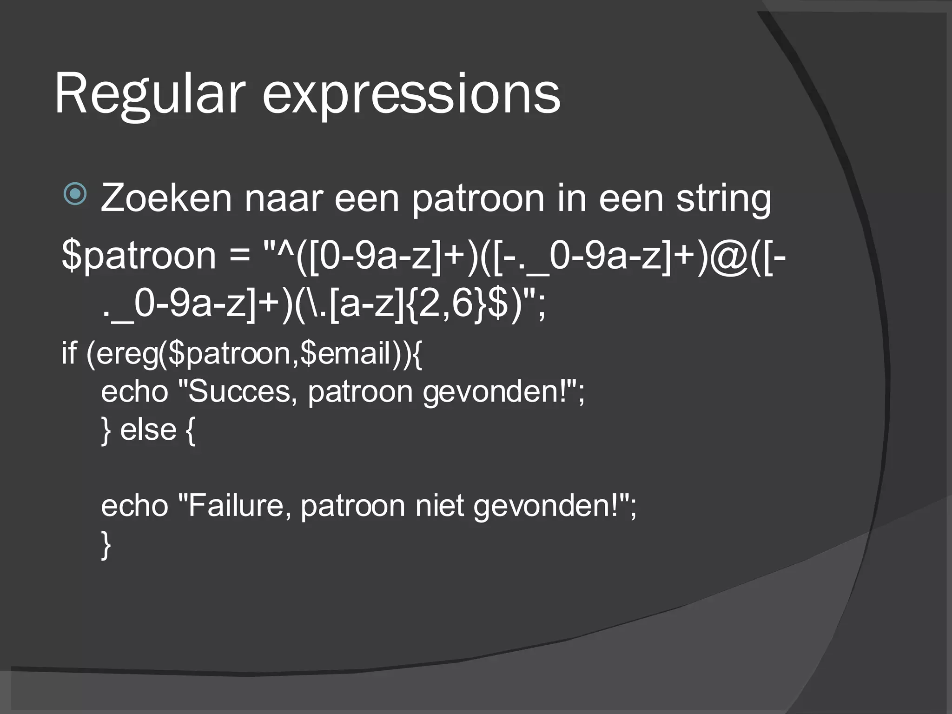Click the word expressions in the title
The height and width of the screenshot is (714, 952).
point(411,95)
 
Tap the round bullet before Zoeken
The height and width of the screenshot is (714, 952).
point(75,194)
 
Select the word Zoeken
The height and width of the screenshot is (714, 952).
point(166,198)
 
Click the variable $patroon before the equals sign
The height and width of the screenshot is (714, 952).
point(139,257)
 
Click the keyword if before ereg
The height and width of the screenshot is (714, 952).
point(69,353)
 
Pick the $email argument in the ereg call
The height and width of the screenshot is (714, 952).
point(346,354)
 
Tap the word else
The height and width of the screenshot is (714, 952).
point(148,430)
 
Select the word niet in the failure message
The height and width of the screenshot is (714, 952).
point(439,505)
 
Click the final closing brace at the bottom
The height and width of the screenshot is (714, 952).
point(106,545)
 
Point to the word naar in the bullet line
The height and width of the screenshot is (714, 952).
point(283,198)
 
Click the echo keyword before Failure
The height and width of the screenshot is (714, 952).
point(134,505)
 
